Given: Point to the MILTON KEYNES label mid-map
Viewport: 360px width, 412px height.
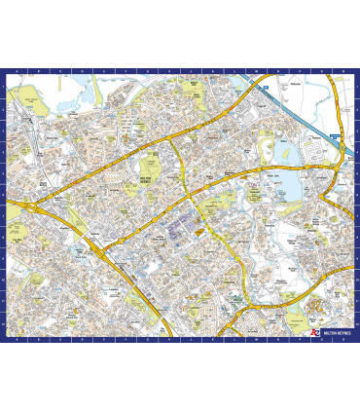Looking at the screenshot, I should point(147,181).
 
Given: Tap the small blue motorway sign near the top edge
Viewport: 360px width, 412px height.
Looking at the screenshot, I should point(264,84).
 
